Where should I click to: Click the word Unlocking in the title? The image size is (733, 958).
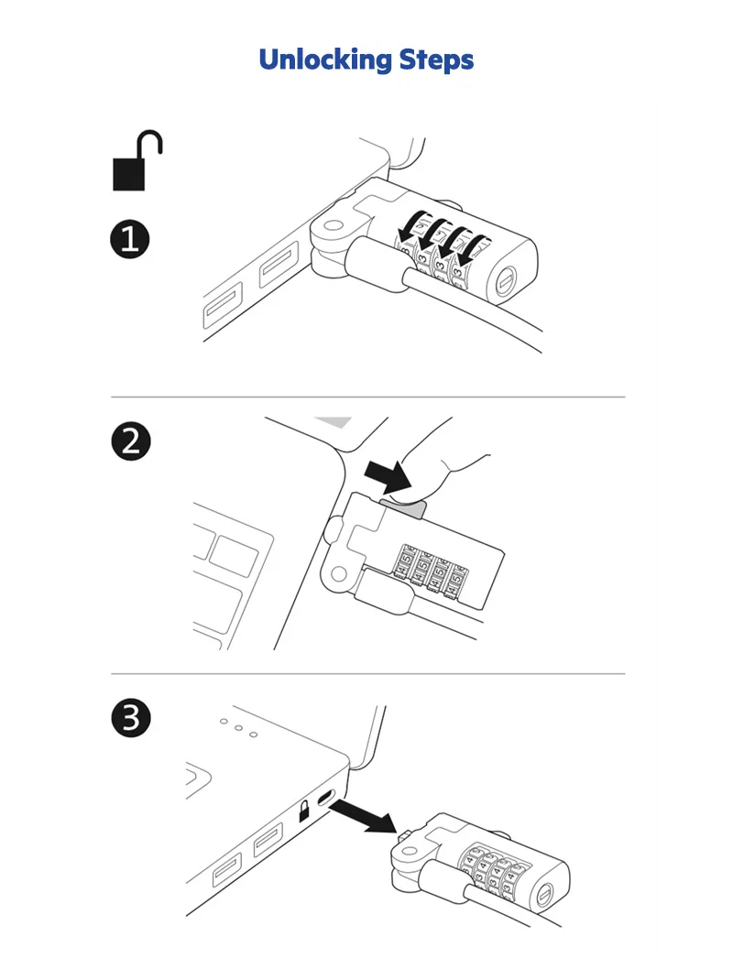(324, 60)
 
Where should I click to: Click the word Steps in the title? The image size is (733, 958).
(436, 60)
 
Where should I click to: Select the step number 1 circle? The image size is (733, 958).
(130, 240)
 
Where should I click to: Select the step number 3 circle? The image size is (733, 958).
(130, 717)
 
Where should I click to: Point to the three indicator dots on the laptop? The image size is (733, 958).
(238, 728)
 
